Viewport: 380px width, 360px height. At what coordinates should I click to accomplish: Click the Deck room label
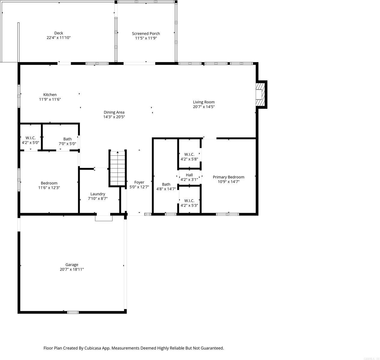59,33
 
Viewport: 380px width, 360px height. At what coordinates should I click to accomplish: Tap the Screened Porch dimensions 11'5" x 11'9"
146,38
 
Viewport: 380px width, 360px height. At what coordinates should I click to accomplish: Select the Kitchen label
50,95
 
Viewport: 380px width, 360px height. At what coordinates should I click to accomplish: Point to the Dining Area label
114,112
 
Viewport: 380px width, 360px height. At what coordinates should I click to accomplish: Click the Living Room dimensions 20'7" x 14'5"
204,107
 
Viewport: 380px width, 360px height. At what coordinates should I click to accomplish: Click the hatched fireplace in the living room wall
260,94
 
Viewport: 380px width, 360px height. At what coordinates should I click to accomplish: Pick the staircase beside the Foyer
117,168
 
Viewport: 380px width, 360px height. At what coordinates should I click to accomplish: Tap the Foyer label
139,182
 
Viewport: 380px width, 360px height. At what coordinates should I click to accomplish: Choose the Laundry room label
98,194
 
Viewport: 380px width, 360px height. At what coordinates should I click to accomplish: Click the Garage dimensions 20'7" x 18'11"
72,270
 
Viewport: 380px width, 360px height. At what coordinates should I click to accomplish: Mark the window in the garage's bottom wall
73,312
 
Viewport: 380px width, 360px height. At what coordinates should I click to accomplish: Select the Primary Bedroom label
228,177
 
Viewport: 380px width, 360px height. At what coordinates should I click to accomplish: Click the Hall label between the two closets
189,175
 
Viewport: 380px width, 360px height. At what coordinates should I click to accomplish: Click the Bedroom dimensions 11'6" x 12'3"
49,188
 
